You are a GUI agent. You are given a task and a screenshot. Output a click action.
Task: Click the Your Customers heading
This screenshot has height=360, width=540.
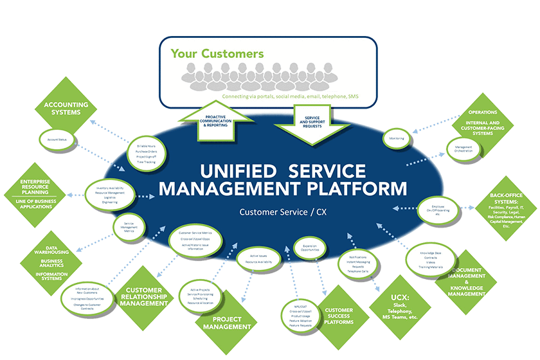coord(217,53)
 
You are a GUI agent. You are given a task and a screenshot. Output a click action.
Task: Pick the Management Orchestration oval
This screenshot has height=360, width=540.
coord(464,149)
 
